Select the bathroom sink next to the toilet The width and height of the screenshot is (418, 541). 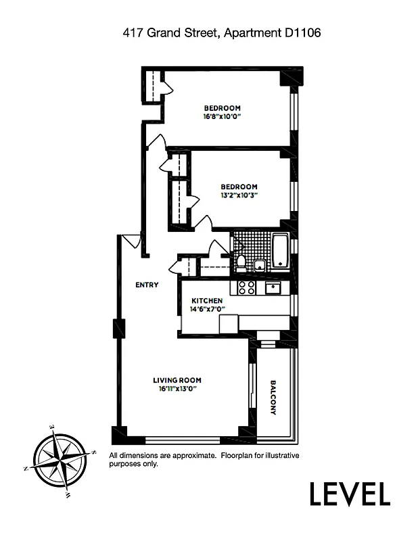[x=258, y=266]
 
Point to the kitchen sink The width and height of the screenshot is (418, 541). [x=273, y=289]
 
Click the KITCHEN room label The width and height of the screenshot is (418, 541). [x=206, y=301]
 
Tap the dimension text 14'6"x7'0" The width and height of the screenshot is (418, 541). [x=208, y=309]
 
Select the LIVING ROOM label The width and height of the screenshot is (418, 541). [x=177, y=380]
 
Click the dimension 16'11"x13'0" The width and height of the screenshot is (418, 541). [x=177, y=389]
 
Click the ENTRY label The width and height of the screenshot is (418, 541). [x=147, y=285]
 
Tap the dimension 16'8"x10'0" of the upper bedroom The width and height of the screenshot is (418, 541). [x=222, y=116]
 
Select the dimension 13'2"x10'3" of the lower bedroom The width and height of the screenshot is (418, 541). [x=239, y=195]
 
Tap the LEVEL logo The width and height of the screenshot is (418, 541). [x=350, y=494]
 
